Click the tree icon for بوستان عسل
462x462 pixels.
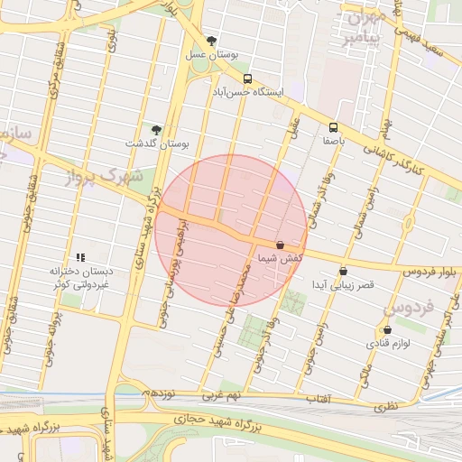coord(212,41)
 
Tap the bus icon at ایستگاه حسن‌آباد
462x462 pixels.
coord(247,79)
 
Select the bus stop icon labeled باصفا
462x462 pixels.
coord(333,127)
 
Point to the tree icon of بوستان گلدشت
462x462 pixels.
coord(156,130)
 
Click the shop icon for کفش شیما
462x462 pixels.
coord(280,245)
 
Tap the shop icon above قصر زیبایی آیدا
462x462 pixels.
coord(343,272)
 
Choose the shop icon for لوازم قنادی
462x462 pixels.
coord(387,330)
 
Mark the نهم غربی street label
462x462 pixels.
coord(222,396)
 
